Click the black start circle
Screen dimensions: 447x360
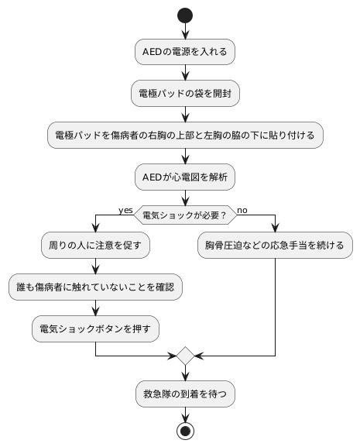click(x=185, y=15)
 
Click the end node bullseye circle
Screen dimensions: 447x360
click(x=185, y=431)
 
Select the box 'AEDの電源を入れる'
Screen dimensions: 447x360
click(x=185, y=52)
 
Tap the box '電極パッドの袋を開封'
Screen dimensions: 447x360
click(x=185, y=93)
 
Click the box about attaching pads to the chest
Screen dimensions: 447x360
click(x=185, y=134)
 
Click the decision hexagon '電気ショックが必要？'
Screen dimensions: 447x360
click(x=185, y=215)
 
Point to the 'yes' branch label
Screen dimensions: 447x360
click(x=125, y=210)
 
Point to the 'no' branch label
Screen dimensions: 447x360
click(x=242, y=210)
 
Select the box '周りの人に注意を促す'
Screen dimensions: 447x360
click(x=94, y=246)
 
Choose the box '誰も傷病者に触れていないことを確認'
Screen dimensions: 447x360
click(x=94, y=287)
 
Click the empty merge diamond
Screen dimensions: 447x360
click(x=185, y=356)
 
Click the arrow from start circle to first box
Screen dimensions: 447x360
click(x=185, y=31)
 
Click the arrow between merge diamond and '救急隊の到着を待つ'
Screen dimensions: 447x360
click(x=185, y=373)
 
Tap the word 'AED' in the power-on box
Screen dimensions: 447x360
click(x=152, y=52)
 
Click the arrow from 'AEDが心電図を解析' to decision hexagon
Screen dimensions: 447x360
click(x=185, y=196)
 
